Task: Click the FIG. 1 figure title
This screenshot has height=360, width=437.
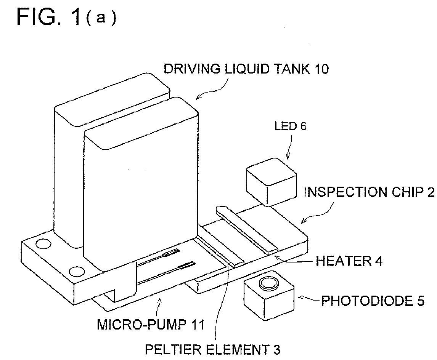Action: pyautogui.click(x=67, y=17)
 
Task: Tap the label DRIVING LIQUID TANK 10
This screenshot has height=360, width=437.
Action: pyautogui.click(x=246, y=69)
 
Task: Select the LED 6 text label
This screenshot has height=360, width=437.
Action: pyautogui.click(x=291, y=126)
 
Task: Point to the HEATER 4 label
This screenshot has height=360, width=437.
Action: pyautogui.click(x=349, y=261)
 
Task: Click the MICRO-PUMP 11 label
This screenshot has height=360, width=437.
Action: pyautogui.click(x=151, y=324)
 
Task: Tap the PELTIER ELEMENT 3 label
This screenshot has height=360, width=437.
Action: pyautogui.click(x=213, y=350)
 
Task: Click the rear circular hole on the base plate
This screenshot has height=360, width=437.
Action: pyautogui.click(x=44, y=244)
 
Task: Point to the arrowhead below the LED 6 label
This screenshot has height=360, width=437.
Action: pyautogui.click(x=288, y=157)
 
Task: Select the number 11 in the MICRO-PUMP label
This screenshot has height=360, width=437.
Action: pyautogui.click(x=197, y=324)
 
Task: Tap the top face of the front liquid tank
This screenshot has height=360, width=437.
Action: pyautogui.click(x=141, y=123)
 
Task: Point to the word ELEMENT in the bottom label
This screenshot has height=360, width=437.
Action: pyautogui.click(x=228, y=350)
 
